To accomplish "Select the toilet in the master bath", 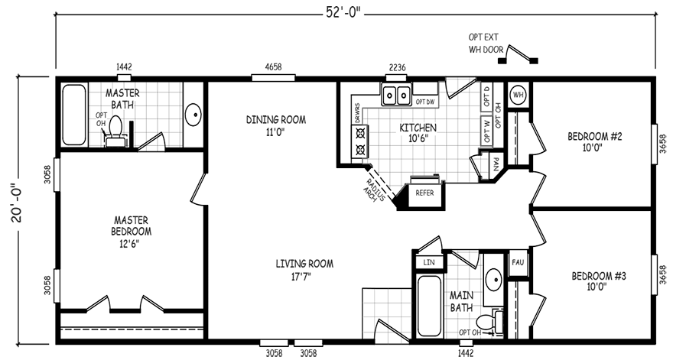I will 115,131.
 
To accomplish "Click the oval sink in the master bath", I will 194,115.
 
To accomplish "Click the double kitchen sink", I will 396,96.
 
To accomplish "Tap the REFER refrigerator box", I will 424,193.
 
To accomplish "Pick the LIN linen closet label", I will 428,263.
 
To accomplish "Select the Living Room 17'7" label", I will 304,271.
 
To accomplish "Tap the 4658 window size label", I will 272,67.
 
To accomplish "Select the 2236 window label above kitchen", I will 396,67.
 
